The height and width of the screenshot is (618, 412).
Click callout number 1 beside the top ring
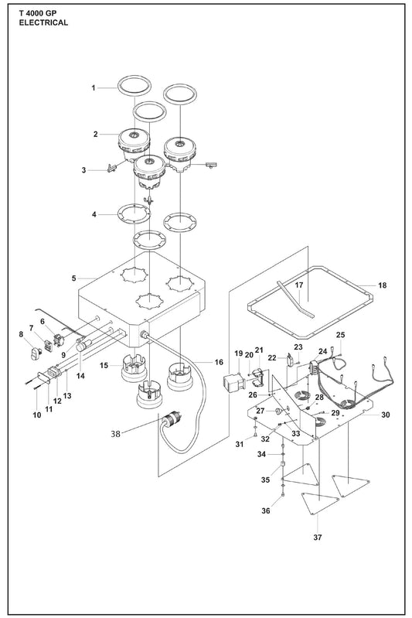click(94, 88)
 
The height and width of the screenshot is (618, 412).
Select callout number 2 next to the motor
click(95, 134)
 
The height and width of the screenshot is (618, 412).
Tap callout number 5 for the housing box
click(73, 276)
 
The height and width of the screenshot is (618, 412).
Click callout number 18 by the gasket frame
click(382, 286)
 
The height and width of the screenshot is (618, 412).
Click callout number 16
click(219, 361)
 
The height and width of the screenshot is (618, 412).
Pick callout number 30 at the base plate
click(386, 415)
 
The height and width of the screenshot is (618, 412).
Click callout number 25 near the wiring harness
click(340, 335)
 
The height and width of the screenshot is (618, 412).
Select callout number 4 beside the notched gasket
click(94, 214)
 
